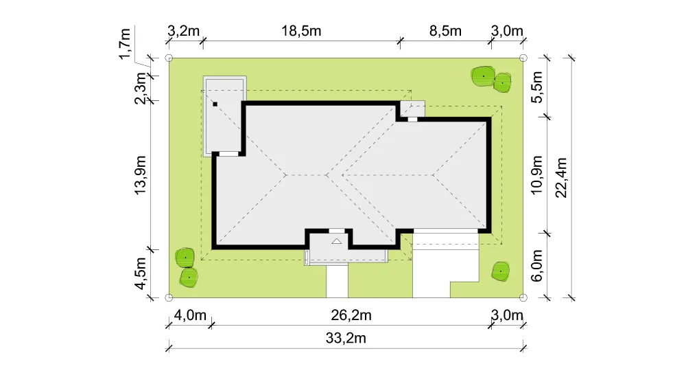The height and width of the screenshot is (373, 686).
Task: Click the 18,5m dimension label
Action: tap(301, 31)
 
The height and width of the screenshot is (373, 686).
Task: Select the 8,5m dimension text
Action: tap(445, 31)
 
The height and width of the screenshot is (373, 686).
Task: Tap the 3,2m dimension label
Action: tap(183, 31)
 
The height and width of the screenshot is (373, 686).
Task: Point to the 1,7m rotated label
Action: tap(125, 43)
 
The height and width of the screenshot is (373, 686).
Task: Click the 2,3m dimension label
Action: tap(141, 88)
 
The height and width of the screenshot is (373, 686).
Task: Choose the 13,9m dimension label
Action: tap(141, 175)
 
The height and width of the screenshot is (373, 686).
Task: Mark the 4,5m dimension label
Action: tap(141, 273)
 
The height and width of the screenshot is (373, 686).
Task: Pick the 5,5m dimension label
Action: tap(537, 87)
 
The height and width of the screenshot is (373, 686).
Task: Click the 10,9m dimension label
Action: tap(537, 175)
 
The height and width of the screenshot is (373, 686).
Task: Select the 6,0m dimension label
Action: tap(537, 266)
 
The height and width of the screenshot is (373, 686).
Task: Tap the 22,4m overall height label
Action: tap(561, 178)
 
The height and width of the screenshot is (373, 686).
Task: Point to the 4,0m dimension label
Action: tap(190, 315)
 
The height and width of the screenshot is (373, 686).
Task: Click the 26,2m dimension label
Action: tap(351, 315)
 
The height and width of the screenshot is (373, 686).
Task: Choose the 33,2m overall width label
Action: tap(346, 339)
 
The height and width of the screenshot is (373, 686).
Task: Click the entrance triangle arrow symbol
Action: tap(336, 241)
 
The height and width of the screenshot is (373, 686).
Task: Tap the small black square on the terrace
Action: tap(215, 104)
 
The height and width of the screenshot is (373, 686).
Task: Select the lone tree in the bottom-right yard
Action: tap(501, 272)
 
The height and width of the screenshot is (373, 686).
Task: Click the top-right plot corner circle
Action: tap(523, 58)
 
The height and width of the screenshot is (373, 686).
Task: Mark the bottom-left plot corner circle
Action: tap(169, 297)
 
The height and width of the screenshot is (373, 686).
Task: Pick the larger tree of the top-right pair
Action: tap(483, 77)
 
